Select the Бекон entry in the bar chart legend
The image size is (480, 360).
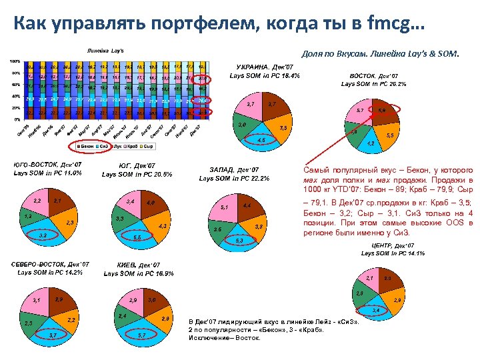(x=87, y=145)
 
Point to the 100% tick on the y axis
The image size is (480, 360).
(x=13, y=61)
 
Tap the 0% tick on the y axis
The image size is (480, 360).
(x=16, y=119)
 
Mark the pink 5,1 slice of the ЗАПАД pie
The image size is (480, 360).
(x=224, y=207)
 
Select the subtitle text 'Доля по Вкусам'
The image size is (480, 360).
(x=332, y=53)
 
